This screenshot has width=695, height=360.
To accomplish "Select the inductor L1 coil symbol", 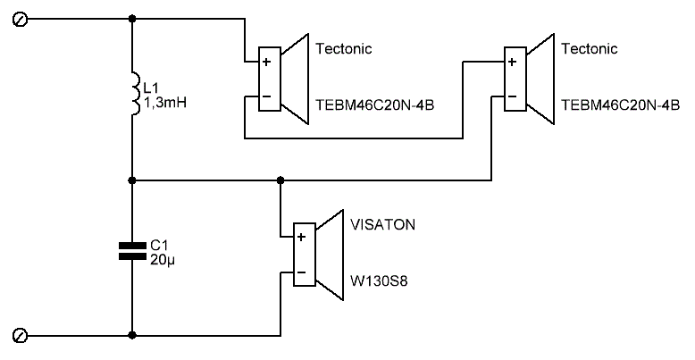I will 133,96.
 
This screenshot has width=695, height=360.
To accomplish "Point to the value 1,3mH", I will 164,104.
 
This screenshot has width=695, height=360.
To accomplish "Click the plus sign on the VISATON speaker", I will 301,237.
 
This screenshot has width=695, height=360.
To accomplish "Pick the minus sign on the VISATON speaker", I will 301,272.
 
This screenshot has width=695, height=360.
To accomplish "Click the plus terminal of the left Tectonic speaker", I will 265,63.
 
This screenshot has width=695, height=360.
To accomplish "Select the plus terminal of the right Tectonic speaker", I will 510,63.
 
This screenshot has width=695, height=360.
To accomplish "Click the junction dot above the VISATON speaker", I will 281,180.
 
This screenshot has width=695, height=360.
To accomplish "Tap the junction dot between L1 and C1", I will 132,180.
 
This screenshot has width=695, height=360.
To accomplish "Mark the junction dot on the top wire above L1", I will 132,19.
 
